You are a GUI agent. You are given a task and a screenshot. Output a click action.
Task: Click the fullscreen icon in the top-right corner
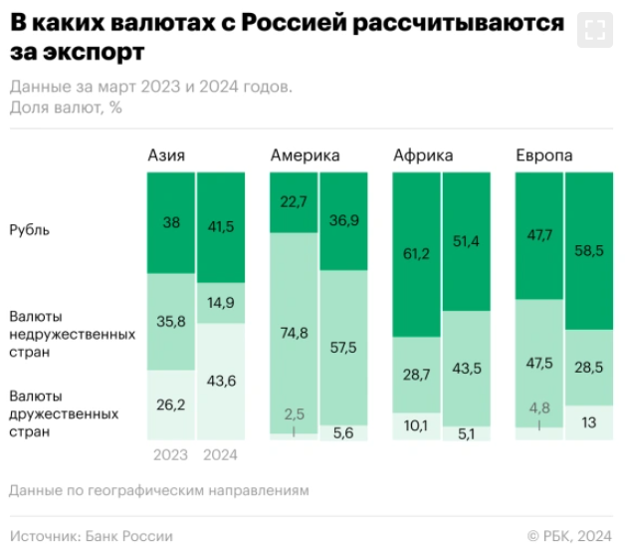tap(595, 30)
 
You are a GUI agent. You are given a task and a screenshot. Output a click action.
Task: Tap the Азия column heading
tap(166, 154)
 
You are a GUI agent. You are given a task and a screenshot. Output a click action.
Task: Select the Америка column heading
tap(305, 154)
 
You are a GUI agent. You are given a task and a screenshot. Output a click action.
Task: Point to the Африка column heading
tap(423, 154)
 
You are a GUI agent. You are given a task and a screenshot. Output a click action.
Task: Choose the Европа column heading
tap(543, 154)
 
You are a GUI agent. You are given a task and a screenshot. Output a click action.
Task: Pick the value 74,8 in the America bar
tap(294, 333)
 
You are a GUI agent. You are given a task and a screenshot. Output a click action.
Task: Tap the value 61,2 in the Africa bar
tap(416, 255)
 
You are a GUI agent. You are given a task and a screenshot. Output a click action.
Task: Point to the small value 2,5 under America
tap(294, 412)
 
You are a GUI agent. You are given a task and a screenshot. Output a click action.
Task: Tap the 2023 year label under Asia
tap(171, 455)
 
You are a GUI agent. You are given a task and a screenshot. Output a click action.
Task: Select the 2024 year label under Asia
tap(220, 455)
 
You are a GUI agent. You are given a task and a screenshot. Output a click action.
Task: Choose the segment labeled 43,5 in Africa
tap(466, 368)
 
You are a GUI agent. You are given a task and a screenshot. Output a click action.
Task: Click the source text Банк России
tap(127, 536)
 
